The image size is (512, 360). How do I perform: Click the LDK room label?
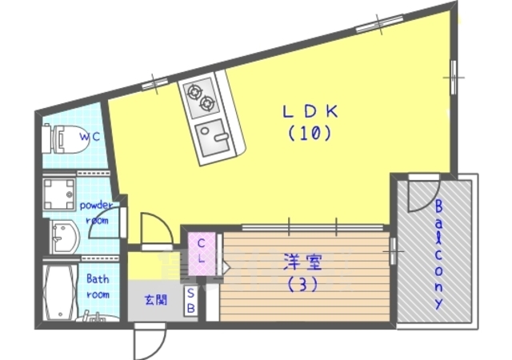pos(309,112)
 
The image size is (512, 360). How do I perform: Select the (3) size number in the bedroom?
pos(302,283)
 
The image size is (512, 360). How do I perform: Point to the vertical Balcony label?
pos(438,254)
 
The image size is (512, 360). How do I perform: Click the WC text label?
pos(88,137)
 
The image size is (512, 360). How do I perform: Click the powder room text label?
pos(98,212)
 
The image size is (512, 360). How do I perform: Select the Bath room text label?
pos(98,286)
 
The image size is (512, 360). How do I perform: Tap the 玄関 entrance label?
pos(155,301)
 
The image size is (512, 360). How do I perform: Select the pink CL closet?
pos(202,250)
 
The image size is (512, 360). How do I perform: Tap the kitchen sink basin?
pos(214,141)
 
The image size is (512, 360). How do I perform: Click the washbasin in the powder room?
pos(63,237)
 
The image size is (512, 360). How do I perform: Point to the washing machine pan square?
pos(58,193)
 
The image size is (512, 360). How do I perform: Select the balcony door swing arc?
pos(419,195)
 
